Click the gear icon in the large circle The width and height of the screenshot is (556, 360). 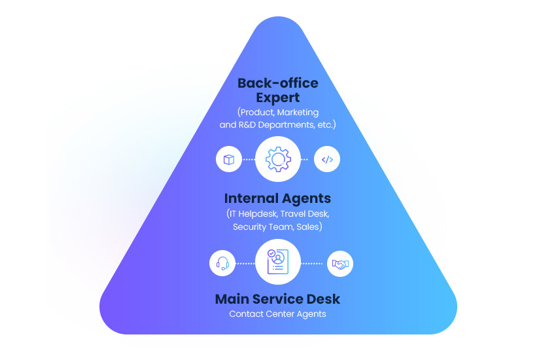277,159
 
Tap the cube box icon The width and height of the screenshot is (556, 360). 228,159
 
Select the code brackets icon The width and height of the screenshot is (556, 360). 327,159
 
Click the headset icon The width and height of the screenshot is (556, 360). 222,263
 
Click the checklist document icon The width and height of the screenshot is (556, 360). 277,262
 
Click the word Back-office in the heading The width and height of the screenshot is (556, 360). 277,83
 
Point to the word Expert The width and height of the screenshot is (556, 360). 277,98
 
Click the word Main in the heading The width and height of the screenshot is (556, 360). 234,299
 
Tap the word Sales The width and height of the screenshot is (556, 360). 309,226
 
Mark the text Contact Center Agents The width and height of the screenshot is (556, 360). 277,314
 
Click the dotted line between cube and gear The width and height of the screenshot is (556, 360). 248,159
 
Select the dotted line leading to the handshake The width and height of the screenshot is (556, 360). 312,263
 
